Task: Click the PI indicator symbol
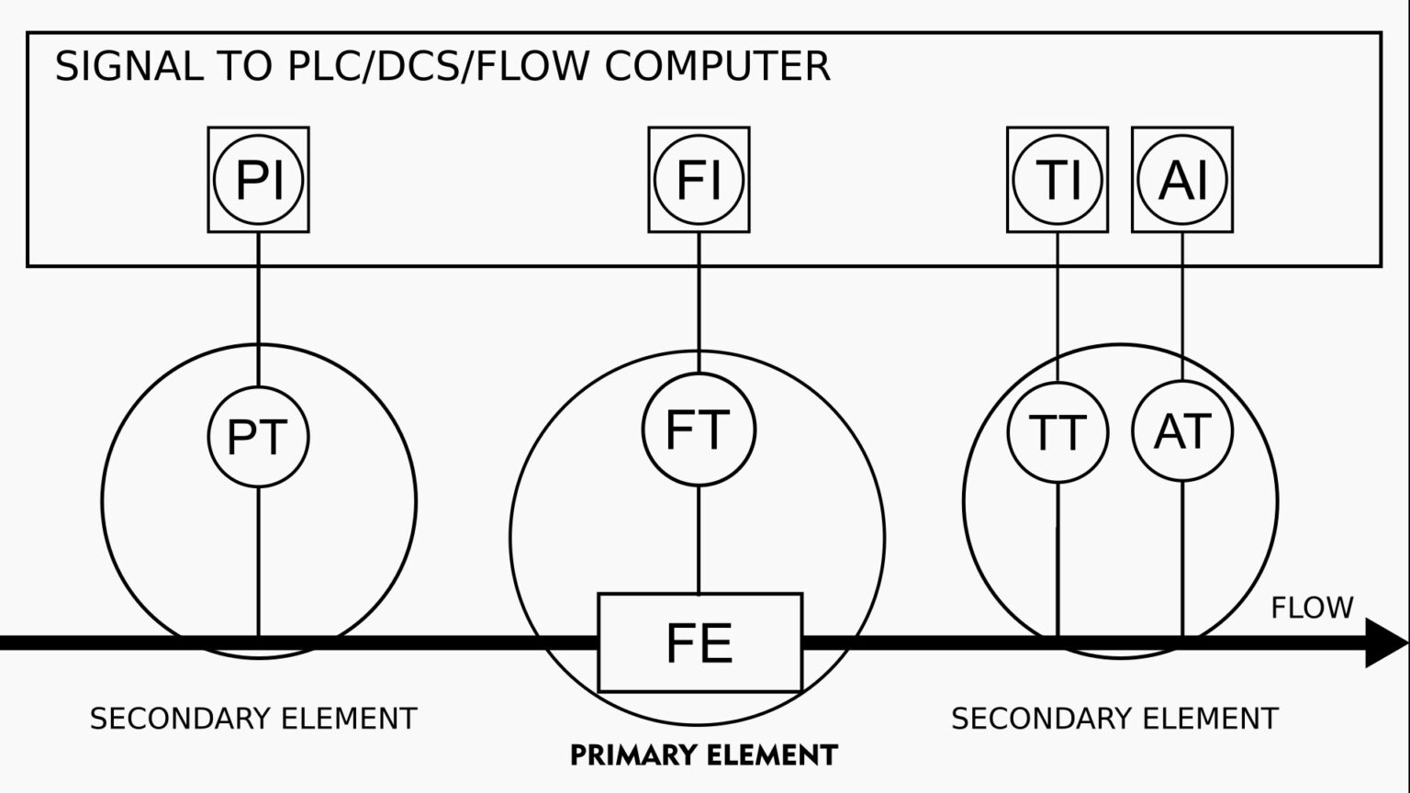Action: [x=258, y=180]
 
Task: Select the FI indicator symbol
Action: [x=699, y=180]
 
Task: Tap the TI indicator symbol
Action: [x=1057, y=180]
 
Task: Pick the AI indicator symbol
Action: [x=1182, y=180]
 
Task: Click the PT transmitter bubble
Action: [x=258, y=436]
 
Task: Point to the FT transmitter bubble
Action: [x=699, y=430]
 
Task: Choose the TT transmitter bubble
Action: [x=1057, y=432]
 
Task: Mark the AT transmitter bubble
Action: [x=1182, y=431]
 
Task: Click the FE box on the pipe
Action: [x=699, y=642]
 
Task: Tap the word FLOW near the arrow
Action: [x=1312, y=608]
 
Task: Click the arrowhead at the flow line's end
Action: [x=1385, y=642]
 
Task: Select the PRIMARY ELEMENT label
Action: [x=704, y=755]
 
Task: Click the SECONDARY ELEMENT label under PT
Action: [x=253, y=719]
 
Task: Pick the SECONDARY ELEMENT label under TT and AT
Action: [x=1114, y=719]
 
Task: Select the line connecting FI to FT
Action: [x=699, y=303]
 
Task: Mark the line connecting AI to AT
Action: [x=1182, y=307]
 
